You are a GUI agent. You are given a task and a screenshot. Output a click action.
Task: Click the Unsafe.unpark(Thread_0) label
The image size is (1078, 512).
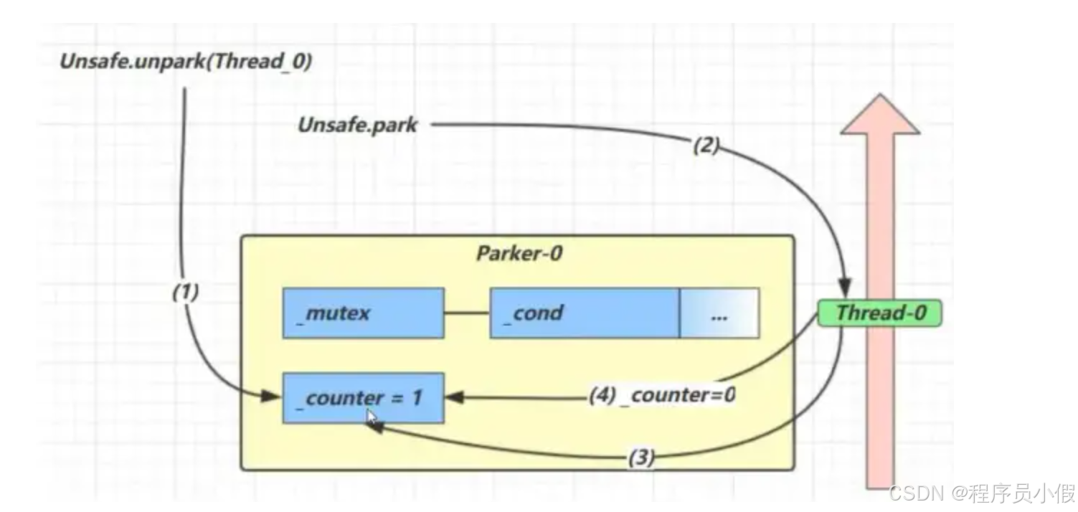pyautogui.click(x=186, y=62)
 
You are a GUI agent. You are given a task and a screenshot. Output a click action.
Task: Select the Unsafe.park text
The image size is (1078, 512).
pyautogui.click(x=357, y=125)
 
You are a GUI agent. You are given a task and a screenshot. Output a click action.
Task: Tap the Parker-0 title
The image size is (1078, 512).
pyautogui.click(x=519, y=254)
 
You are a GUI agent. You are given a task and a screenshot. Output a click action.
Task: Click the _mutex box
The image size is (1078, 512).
pyautogui.click(x=364, y=313)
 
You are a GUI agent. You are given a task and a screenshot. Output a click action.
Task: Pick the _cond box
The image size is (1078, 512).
pyautogui.click(x=585, y=313)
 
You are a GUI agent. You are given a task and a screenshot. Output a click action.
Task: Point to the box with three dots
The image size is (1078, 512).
pyautogui.click(x=720, y=313)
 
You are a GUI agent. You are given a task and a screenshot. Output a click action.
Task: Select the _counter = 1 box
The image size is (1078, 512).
pyautogui.click(x=364, y=398)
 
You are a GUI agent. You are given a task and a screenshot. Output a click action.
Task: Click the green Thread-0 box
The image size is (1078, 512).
pyautogui.click(x=880, y=313)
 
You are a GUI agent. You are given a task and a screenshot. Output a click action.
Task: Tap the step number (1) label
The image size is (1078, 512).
pyautogui.click(x=186, y=292)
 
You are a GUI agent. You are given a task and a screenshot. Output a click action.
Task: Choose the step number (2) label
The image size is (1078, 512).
pyautogui.click(x=706, y=145)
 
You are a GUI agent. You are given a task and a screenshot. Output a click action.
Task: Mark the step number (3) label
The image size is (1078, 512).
pyautogui.click(x=641, y=458)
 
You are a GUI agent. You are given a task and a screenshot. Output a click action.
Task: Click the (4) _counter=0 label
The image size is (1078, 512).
pyautogui.click(x=663, y=396)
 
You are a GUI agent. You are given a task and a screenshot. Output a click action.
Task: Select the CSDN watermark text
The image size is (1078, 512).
pyautogui.click(x=982, y=493)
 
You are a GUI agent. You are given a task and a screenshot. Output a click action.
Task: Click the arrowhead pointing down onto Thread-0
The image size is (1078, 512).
pyautogui.click(x=845, y=288)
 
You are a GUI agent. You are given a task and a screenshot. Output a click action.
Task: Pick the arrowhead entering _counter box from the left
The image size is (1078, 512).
pyautogui.click(x=271, y=397)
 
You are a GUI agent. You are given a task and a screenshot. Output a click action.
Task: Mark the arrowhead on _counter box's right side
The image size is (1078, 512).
pyautogui.click(x=455, y=397)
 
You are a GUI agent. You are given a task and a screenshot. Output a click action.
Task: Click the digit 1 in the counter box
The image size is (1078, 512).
pyautogui.click(x=417, y=398)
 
